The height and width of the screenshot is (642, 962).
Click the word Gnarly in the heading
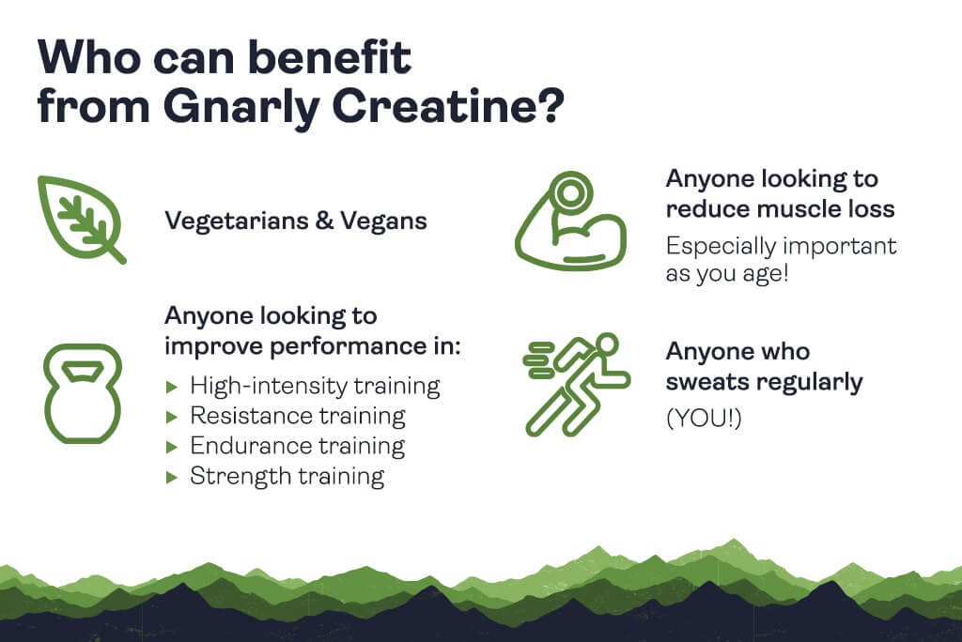[241, 107]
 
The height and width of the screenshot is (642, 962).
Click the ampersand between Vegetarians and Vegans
[324, 222]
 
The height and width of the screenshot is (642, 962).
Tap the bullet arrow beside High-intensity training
[172, 387]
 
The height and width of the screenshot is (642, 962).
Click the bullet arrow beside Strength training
[172, 477]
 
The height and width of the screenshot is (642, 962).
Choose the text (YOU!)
[704, 419]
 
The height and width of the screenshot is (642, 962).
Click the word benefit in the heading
[330, 57]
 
